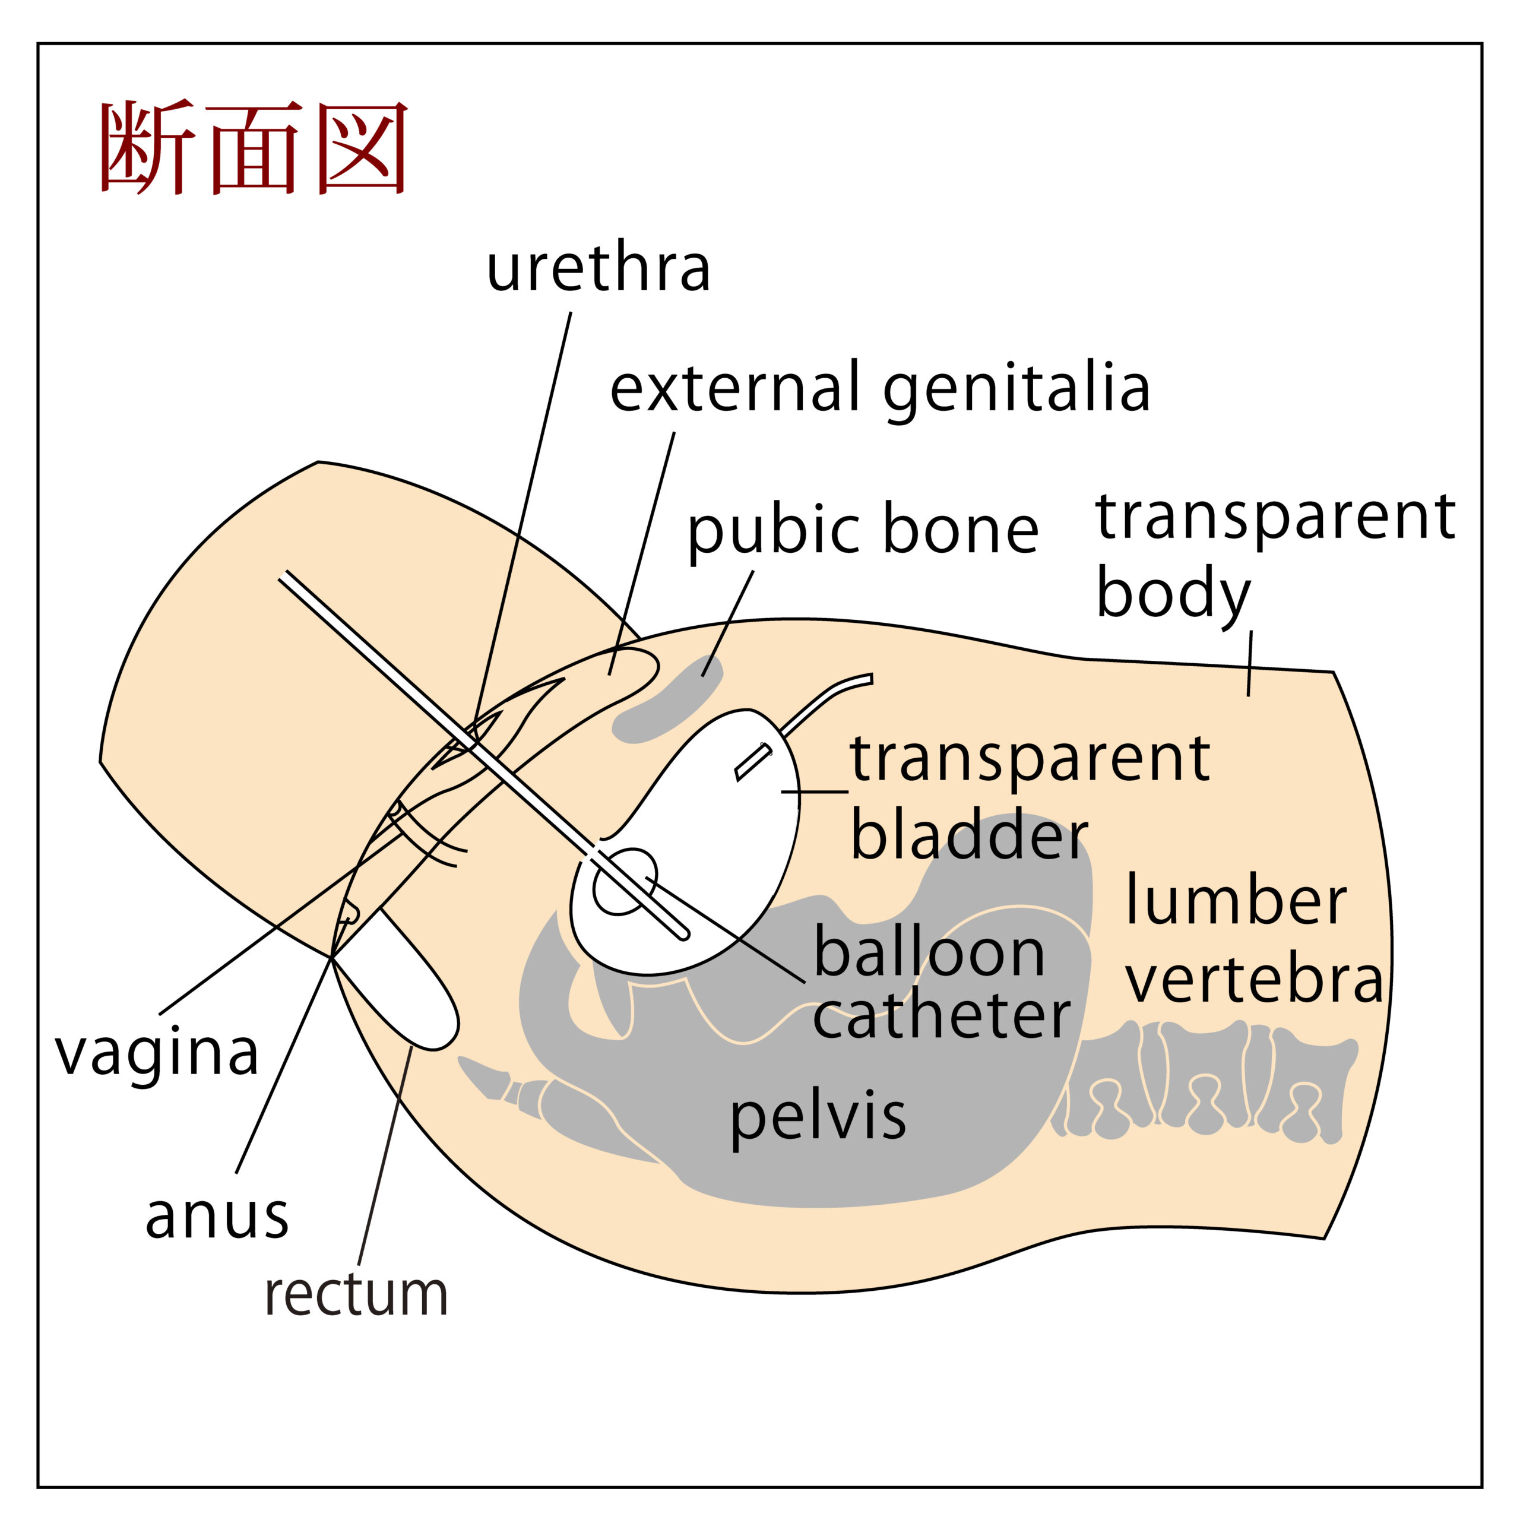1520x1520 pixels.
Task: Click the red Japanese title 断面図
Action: point(254,148)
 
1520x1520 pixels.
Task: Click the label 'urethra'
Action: point(598,269)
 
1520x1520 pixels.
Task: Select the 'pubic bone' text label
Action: point(862,530)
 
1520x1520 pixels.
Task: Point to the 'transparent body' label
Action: point(1275,555)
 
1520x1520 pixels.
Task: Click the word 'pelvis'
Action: point(818,1117)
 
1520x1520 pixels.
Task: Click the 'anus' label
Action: point(217,1217)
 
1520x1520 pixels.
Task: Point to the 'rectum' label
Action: point(356,1295)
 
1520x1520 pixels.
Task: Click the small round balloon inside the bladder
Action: point(624,881)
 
